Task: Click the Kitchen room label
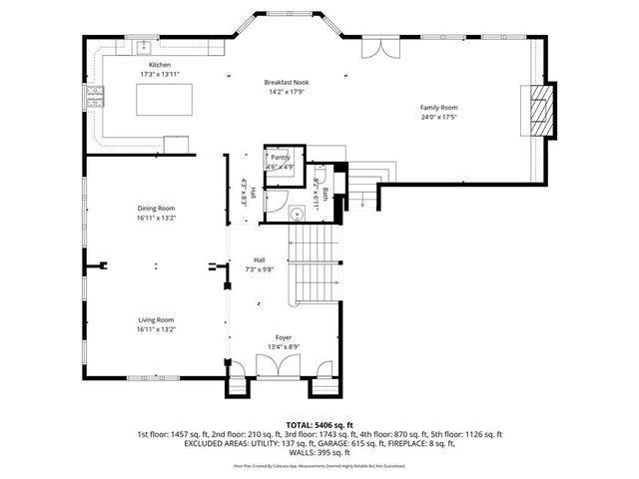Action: pos(147,65)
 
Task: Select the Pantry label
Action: pos(280,157)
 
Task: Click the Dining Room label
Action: pos(156,208)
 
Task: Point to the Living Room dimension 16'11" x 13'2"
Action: pos(156,329)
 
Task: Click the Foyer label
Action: pos(285,338)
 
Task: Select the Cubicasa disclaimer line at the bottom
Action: pos(319,466)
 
